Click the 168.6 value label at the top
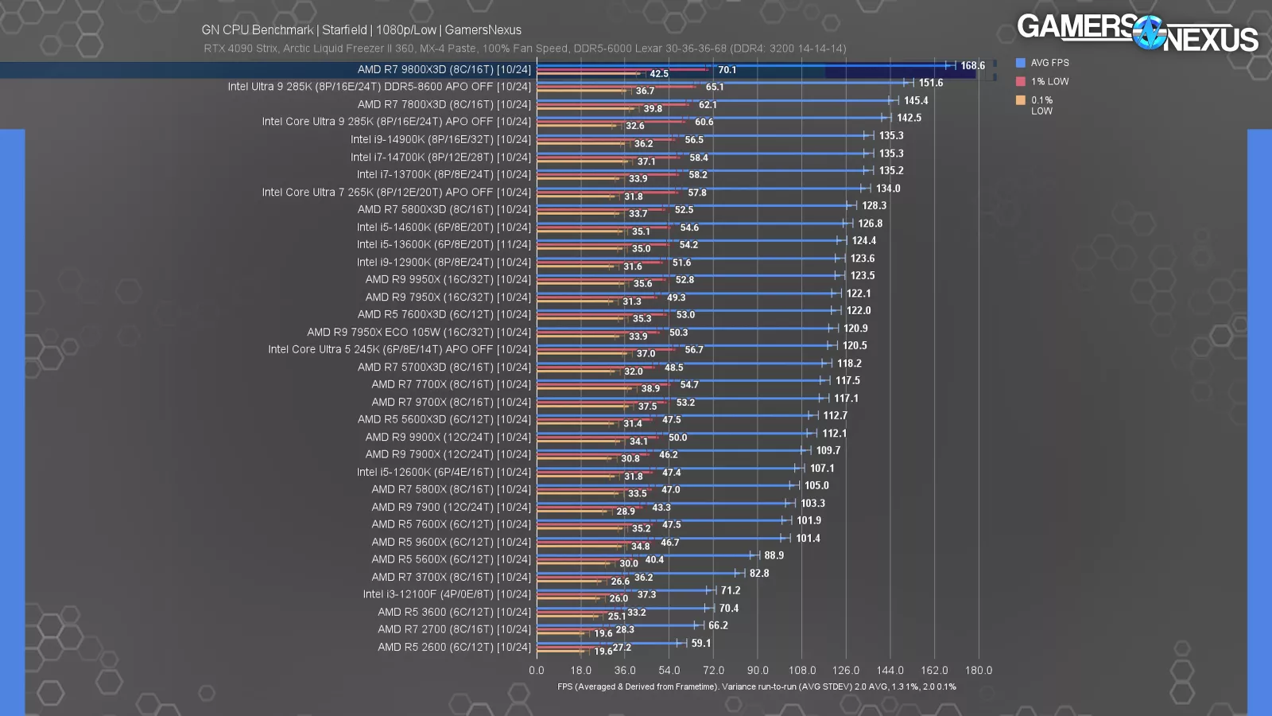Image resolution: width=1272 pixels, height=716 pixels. click(x=972, y=66)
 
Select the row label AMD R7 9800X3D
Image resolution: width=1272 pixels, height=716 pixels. click(x=444, y=70)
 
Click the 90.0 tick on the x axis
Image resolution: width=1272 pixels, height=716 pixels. click(x=758, y=671)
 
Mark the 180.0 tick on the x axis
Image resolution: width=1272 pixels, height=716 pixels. click(x=978, y=671)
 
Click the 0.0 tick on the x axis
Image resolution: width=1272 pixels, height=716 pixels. click(x=537, y=671)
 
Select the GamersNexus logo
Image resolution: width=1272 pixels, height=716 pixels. click(x=1137, y=33)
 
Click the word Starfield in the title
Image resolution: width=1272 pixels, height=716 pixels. click(x=344, y=30)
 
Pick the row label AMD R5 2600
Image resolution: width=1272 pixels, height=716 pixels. click(x=454, y=648)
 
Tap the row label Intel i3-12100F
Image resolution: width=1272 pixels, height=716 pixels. click(x=447, y=594)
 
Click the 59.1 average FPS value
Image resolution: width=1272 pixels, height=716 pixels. click(x=701, y=644)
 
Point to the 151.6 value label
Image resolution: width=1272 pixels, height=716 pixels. click(x=931, y=83)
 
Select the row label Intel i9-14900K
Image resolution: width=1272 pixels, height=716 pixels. click(x=440, y=140)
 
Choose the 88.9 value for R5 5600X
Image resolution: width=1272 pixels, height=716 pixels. click(x=774, y=556)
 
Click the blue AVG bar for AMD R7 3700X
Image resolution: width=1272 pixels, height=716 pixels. click(x=636, y=572)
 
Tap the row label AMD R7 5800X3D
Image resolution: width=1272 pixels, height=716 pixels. click(x=444, y=210)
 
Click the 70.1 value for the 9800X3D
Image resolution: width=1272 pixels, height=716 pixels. click(x=727, y=70)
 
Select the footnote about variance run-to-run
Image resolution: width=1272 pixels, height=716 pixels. click(x=757, y=687)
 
